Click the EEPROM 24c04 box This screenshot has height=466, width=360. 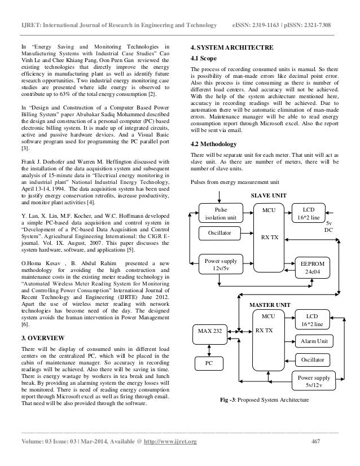pos(308,267)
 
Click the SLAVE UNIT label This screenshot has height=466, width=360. pos(268,195)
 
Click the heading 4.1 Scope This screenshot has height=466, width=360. pos(205,58)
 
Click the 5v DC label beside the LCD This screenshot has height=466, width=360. pos(328,227)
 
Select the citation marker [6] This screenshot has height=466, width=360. pos(25,326)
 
